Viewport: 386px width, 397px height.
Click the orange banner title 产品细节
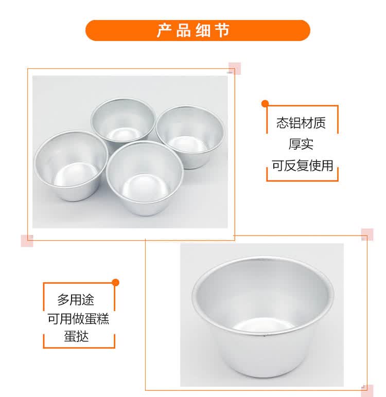[x=193, y=30]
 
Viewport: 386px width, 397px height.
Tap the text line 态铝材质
[x=301, y=123]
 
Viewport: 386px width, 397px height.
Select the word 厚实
[x=301, y=144]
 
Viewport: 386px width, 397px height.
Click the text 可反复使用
[x=302, y=166]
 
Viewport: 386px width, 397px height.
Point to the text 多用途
[x=76, y=299]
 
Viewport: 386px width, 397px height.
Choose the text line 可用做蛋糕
[x=78, y=318]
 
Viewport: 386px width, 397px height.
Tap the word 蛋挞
[x=76, y=337]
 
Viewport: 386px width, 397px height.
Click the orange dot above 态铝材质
[x=265, y=103]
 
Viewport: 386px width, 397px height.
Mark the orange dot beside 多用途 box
[x=116, y=282]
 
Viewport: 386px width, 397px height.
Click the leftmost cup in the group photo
[x=71, y=165]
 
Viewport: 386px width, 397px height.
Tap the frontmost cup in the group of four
[x=145, y=177]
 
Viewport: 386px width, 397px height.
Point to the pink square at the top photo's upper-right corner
[x=235, y=68]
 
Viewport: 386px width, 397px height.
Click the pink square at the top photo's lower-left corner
[x=27, y=241]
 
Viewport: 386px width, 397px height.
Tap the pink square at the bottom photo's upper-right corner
[x=367, y=234]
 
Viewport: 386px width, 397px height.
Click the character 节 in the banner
[x=222, y=31]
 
